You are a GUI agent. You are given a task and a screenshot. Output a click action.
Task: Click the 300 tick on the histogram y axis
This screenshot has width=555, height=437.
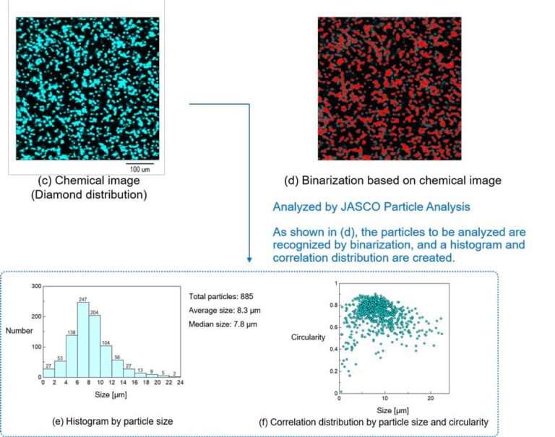pos(35,286)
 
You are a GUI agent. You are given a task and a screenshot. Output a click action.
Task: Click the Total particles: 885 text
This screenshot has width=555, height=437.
pos(220,297)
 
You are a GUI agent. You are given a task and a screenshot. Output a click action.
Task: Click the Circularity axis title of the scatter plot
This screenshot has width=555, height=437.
pos(309,337)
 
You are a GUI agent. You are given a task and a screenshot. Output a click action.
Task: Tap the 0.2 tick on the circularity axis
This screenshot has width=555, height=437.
pos(333,371)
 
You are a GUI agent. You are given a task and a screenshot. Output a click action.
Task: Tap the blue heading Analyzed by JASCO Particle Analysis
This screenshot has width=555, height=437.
pos(371,207)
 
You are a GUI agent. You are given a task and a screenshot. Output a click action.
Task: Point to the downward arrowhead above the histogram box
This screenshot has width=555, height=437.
pos(249,259)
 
